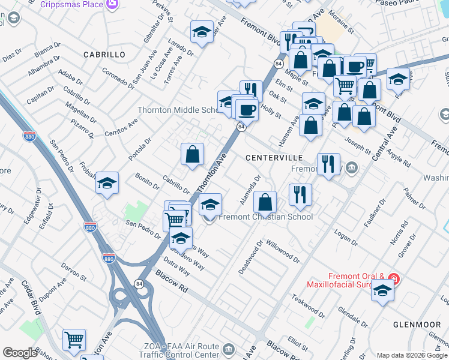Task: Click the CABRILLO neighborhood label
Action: click(x=104, y=55)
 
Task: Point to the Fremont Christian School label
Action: click(x=267, y=217)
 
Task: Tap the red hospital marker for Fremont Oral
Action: click(x=393, y=278)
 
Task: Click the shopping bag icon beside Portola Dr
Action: click(x=192, y=155)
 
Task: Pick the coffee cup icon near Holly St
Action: click(x=246, y=109)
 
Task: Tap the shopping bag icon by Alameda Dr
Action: click(x=265, y=201)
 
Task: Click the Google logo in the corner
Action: click(x=20, y=353)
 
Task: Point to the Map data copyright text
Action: click(x=412, y=355)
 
